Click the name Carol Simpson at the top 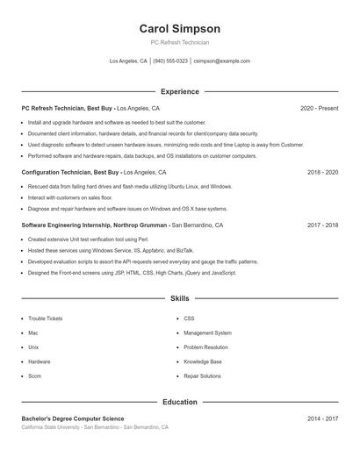coord(180,28)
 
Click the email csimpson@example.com coord(221,61)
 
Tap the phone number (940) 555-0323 coord(170,61)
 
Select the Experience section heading coord(180,91)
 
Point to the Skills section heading coord(180,299)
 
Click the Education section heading coord(180,402)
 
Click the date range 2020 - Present coord(319,108)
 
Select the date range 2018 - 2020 coord(322,173)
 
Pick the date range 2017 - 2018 coord(322,225)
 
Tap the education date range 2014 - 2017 coord(322,419)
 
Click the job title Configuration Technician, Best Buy coord(70,173)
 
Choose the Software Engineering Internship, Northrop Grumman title coord(95,225)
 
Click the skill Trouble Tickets coord(46,318)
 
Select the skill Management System coord(207,333)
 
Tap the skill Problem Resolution coord(205,347)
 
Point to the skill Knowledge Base coord(202,361)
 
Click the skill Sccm coord(35,376)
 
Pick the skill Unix coord(33,347)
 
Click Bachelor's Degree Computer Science coord(73,419)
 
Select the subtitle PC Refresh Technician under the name coord(180,42)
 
